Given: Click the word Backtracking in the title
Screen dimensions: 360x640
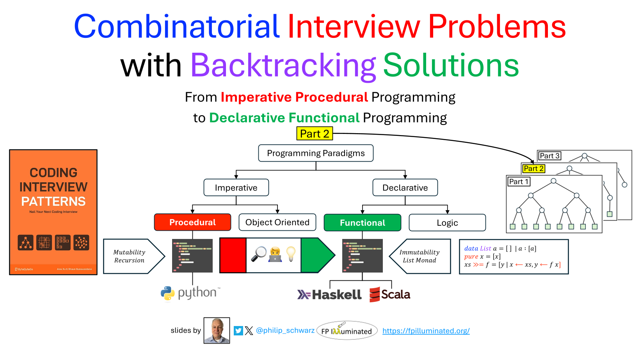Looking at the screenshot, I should (x=283, y=65).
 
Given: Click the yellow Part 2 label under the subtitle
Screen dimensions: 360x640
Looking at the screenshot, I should (x=315, y=134).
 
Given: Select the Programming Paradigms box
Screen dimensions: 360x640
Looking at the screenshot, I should (x=316, y=153).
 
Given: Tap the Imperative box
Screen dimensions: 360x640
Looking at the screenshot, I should (x=236, y=188).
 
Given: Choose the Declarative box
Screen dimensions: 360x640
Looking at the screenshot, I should (x=405, y=188).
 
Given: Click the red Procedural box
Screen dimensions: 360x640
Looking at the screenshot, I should (x=192, y=222).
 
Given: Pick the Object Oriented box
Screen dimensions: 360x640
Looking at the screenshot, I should (x=277, y=222).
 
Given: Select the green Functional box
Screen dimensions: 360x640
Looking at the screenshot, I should (x=362, y=223).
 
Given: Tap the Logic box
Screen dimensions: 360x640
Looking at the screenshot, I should (x=447, y=223).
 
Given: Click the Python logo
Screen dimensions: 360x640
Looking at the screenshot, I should (x=191, y=293).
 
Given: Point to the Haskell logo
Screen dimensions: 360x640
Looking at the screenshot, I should (x=330, y=295).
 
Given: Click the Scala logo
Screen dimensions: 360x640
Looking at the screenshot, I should (x=390, y=294).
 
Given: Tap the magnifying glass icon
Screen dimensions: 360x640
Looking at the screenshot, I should (x=258, y=254).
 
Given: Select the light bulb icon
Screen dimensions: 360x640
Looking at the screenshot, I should (x=291, y=254).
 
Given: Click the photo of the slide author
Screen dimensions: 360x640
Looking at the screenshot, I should (x=217, y=330).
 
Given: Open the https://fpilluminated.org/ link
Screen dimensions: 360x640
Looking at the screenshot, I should (x=426, y=331).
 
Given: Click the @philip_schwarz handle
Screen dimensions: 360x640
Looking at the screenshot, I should (x=285, y=330).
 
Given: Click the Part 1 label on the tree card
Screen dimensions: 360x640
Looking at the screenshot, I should (x=519, y=182).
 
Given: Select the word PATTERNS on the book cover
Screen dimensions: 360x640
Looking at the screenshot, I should (x=53, y=201).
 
